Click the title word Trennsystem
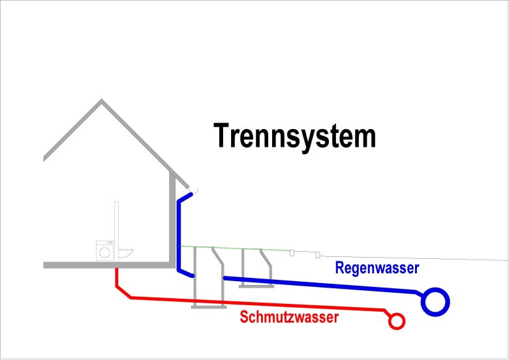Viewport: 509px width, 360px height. coord(295,136)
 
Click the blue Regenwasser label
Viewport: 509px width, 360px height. coord(377,267)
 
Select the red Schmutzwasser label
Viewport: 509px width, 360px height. coord(289,318)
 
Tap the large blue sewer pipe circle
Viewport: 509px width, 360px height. coord(436,301)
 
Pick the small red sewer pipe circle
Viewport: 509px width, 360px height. coord(395,321)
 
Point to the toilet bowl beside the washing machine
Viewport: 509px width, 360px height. coord(126,252)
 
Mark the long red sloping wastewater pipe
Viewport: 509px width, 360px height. coord(261,304)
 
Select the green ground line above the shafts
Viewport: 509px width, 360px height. coord(235,248)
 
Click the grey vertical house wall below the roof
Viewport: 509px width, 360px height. coord(173,215)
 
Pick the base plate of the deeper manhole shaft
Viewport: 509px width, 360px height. coord(208,307)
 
